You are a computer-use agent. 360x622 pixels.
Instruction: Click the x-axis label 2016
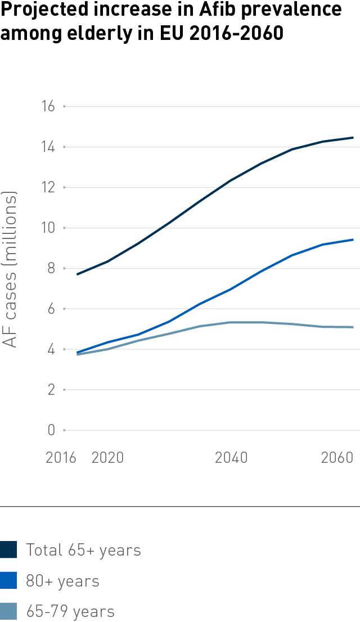pyautogui.click(x=60, y=458)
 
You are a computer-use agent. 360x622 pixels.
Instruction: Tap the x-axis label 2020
pyautogui.click(x=107, y=458)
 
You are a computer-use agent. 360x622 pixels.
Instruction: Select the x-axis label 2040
pyautogui.click(x=231, y=458)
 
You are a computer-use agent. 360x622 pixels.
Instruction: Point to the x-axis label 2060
pyautogui.click(x=336, y=458)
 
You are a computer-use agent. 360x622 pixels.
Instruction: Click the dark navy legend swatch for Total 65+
pyautogui.click(x=8, y=550)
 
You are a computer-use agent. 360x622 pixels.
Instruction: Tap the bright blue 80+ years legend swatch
pyautogui.click(x=8, y=580)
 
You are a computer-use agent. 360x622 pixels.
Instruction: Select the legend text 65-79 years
pyautogui.click(x=70, y=611)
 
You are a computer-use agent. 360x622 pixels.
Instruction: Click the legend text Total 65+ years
pyautogui.click(x=83, y=550)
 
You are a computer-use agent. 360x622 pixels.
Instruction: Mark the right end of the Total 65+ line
pyautogui.click(x=353, y=137)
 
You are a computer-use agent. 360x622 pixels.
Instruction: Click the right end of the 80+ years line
pyautogui.click(x=353, y=240)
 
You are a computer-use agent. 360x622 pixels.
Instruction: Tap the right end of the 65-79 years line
pyautogui.click(x=353, y=327)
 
